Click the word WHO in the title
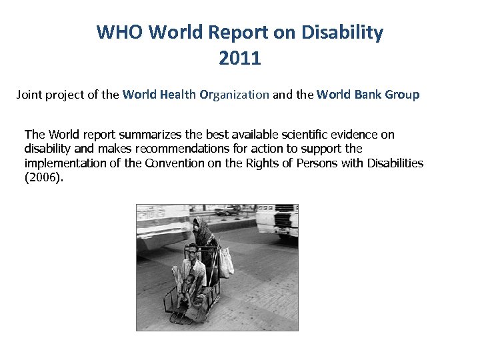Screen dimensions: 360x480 [120, 32]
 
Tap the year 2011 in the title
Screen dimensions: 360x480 [239, 59]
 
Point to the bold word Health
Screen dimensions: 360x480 [180, 95]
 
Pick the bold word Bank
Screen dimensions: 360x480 [366, 95]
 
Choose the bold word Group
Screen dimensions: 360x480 [402, 95]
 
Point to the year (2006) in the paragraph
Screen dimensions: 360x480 [44, 178]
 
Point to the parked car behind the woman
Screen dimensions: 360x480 [226, 210]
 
